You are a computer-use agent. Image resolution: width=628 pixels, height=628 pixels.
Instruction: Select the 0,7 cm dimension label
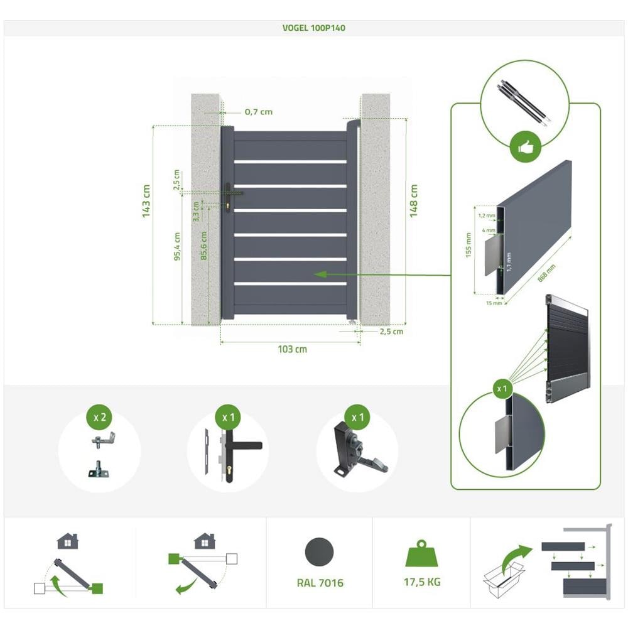[258, 112]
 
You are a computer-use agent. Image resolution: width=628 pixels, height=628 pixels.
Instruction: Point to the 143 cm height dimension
[146, 201]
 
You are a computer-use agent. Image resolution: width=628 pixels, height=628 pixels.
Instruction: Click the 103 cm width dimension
[292, 349]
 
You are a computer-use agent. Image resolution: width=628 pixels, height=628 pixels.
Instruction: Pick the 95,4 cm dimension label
[178, 246]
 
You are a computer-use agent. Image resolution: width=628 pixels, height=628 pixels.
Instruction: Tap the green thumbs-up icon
[525, 148]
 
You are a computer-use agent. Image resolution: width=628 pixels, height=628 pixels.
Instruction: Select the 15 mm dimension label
[494, 303]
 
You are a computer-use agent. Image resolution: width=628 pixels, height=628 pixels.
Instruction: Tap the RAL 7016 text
[320, 583]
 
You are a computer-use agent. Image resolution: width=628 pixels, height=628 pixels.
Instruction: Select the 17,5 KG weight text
[422, 582]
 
